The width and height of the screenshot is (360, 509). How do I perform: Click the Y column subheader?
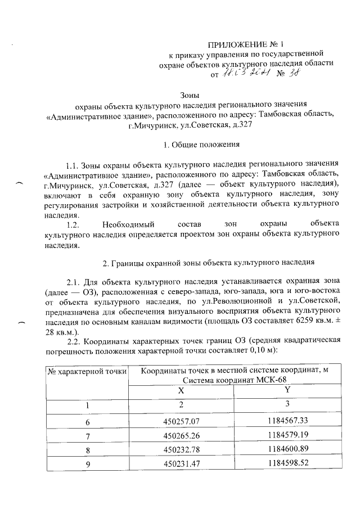pos(287,390)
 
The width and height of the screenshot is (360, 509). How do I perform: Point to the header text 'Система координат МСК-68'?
pos(235,380)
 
